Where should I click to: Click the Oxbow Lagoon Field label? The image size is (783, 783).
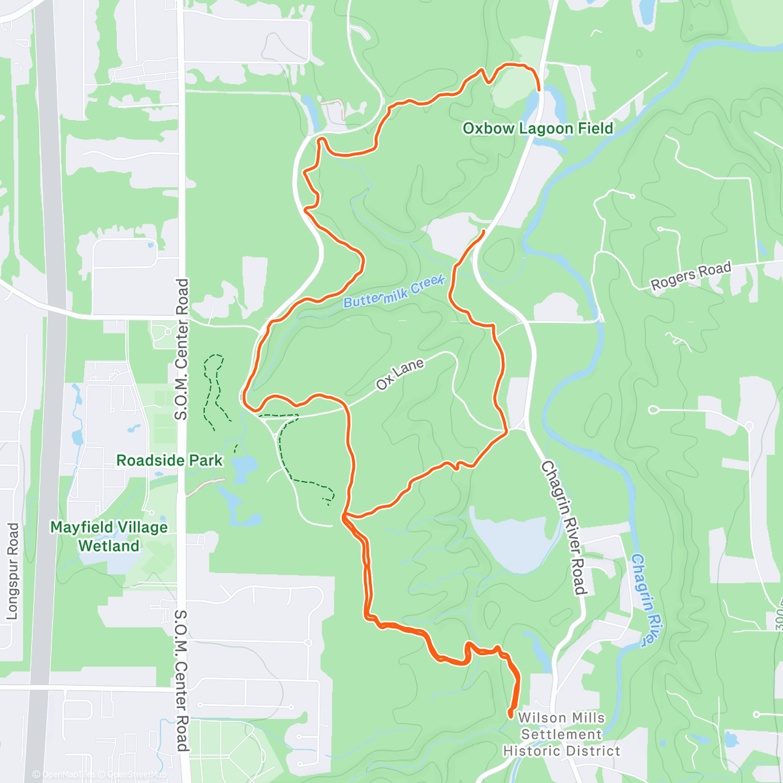538,129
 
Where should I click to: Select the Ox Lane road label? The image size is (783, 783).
400,375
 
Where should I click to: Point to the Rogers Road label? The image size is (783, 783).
691,276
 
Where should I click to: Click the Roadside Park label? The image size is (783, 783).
169,461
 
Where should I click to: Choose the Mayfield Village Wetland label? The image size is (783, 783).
109,536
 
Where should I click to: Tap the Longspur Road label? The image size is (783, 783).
12,570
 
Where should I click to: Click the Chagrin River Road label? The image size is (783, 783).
563,528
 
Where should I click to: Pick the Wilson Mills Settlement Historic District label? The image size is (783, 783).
562,735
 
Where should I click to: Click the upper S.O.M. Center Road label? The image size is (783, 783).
181,349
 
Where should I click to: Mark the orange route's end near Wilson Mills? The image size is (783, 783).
510,716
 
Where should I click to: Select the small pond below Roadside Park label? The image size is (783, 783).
242,467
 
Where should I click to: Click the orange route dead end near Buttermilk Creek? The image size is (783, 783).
484,231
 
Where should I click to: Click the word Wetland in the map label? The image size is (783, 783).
109,545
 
